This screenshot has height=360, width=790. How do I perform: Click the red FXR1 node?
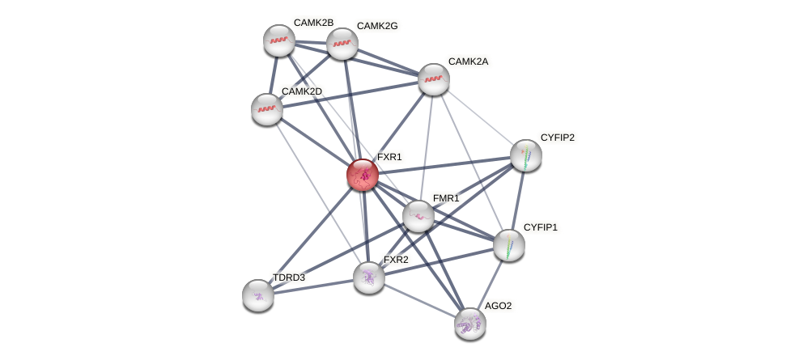click(363, 174)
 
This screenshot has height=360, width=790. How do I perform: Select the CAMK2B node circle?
click(279, 40)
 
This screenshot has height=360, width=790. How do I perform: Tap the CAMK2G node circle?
click(342, 44)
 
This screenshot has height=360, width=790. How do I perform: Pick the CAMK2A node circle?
click(434, 79)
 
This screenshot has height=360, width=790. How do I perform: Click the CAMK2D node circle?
click(267, 109)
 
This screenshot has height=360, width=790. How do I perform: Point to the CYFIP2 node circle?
click(526, 155)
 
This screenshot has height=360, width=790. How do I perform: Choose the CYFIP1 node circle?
click(509, 245)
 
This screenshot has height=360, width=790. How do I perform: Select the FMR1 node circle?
click(418, 216)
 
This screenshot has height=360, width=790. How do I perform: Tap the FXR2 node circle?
click(369, 277)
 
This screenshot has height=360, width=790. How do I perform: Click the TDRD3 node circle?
click(258, 295)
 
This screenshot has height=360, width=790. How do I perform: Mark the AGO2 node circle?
click(469, 324)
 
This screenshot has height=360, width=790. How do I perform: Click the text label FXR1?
click(389, 157)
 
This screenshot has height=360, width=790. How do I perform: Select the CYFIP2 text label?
click(558, 138)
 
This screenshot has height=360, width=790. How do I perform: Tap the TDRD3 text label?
click(289, 277)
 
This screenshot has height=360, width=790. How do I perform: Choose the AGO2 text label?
click(497, 306)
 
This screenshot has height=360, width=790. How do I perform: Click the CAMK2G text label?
click(377, 26)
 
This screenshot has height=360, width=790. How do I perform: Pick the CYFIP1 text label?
click(541, 227)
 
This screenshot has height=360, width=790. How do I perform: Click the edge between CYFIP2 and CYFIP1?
click(518, 200)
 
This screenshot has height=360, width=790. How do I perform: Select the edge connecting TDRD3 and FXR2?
click(313, 286)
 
